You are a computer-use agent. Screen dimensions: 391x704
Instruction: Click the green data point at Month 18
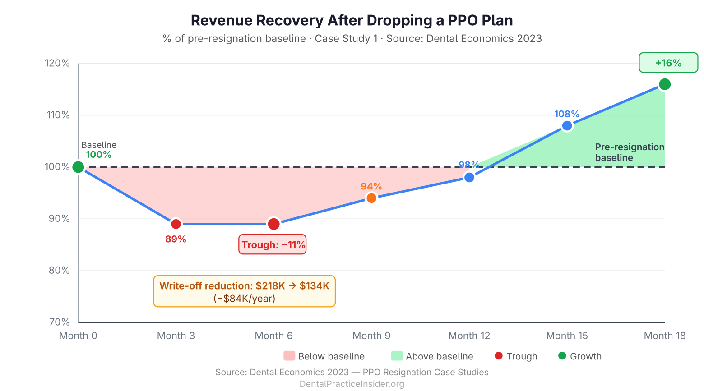click(664, 84)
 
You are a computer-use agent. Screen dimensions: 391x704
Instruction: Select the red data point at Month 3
click(176, 224)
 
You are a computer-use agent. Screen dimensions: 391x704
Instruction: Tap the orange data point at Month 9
click(371, 198)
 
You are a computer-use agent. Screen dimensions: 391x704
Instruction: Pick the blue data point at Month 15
click(567, 126)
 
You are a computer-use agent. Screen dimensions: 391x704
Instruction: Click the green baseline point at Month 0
click(78, 167)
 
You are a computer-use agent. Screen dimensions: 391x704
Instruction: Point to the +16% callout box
click(668, 63)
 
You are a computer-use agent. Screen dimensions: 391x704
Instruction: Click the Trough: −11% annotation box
click(273, 244)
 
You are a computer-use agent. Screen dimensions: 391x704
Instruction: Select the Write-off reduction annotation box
click(244, 291)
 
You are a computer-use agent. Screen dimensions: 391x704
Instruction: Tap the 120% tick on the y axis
click(57, 63)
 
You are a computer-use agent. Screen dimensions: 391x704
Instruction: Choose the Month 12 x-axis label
click(469, 336)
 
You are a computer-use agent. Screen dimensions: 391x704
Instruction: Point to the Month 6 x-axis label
click(273, 336)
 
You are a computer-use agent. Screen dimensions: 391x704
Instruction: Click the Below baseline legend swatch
click(289, 356)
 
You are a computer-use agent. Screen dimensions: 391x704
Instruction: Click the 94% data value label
click(371, 186)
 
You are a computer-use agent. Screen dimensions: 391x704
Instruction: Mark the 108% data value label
click(566, 114)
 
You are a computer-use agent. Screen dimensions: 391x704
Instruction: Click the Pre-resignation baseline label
click(629, 152)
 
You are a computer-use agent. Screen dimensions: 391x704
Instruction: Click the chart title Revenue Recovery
click(352, 20)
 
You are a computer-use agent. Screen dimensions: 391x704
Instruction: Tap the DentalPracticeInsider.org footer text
click(352, 384)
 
